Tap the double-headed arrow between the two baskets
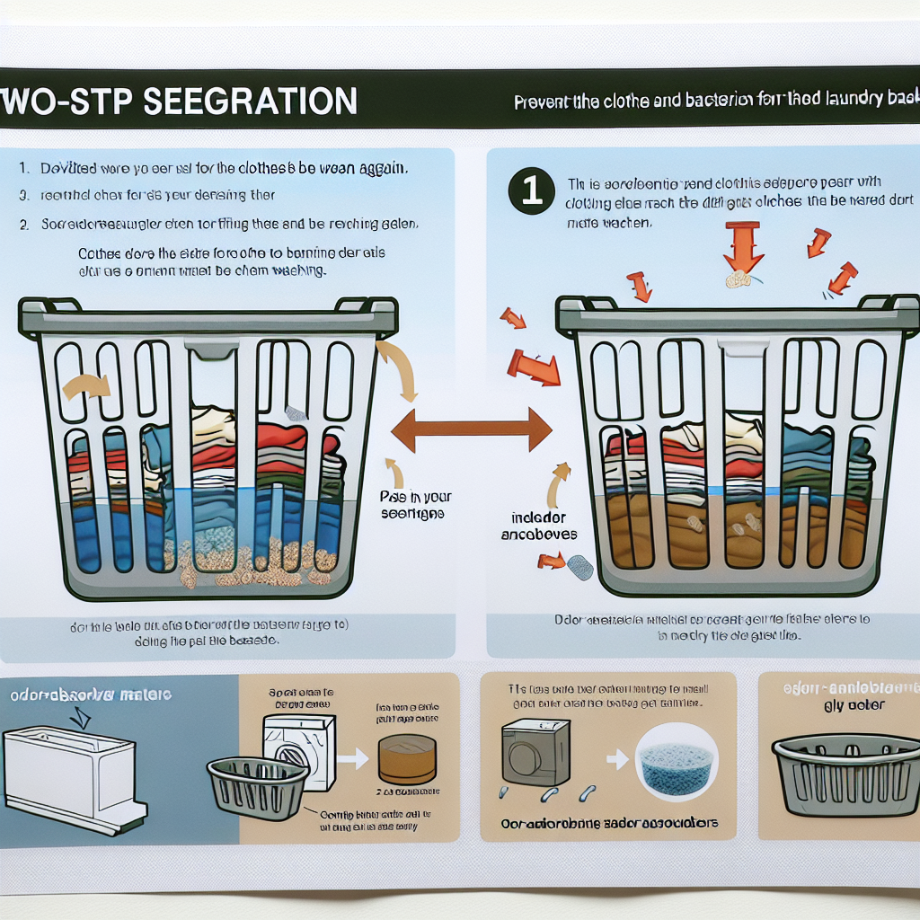click(472, 429)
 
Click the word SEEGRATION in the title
click(251, 101)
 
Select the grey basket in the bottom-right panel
click(846, 774)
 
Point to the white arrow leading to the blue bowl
click(616, 759)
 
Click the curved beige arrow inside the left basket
click(87, 386)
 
